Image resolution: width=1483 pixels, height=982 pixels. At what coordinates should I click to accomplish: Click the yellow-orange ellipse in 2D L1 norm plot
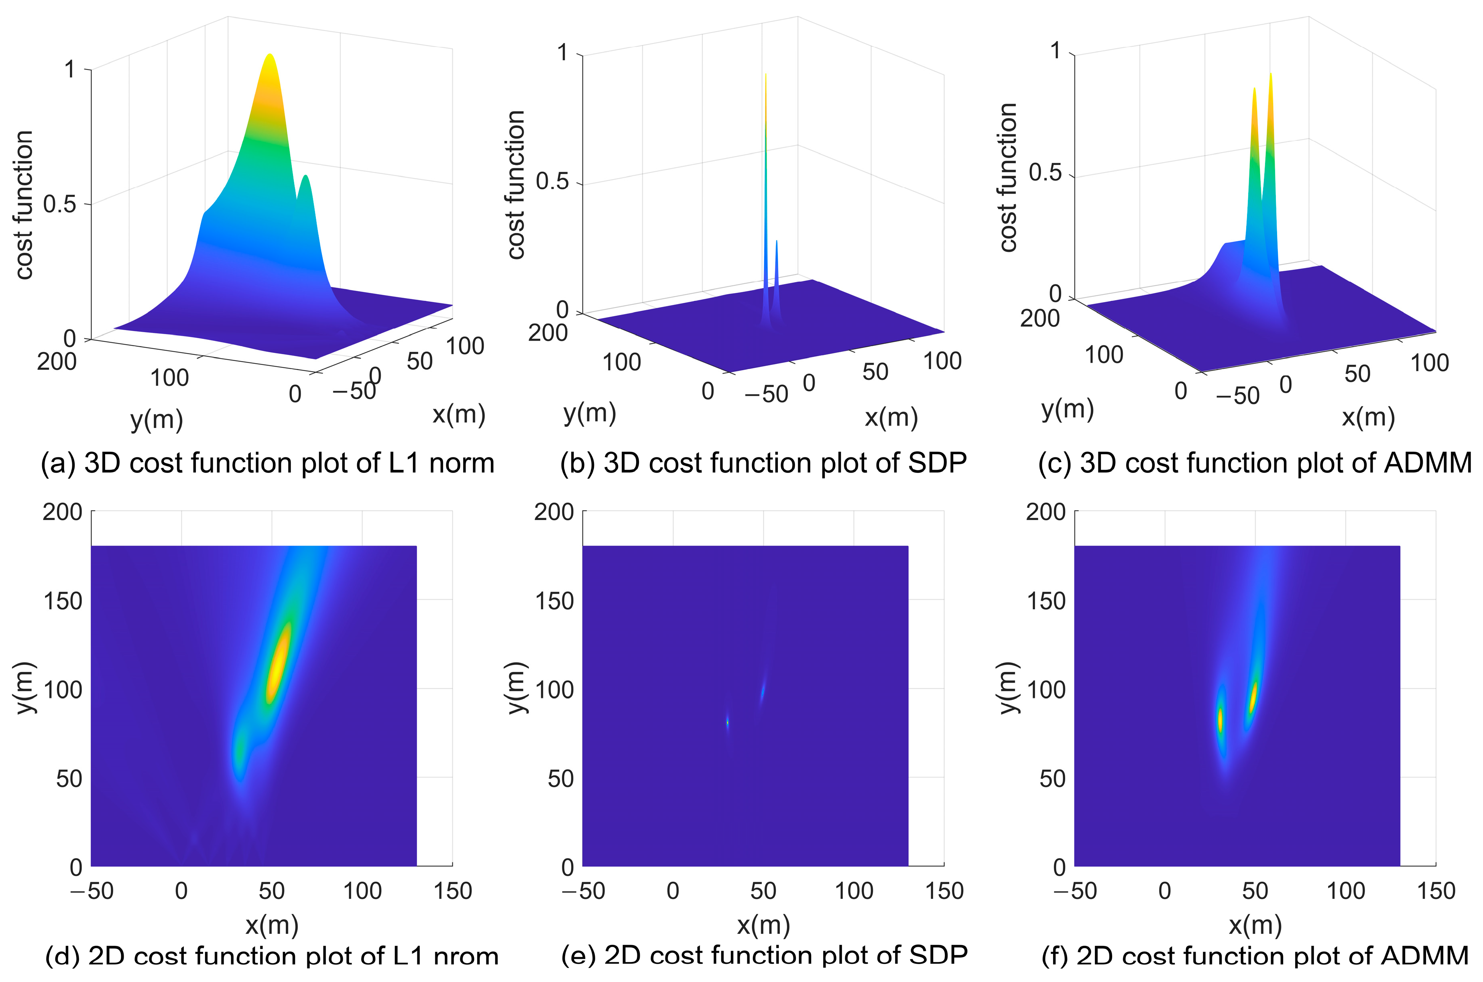(278, 664)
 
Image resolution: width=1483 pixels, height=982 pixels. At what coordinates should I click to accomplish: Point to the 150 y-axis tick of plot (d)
(63, 601)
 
